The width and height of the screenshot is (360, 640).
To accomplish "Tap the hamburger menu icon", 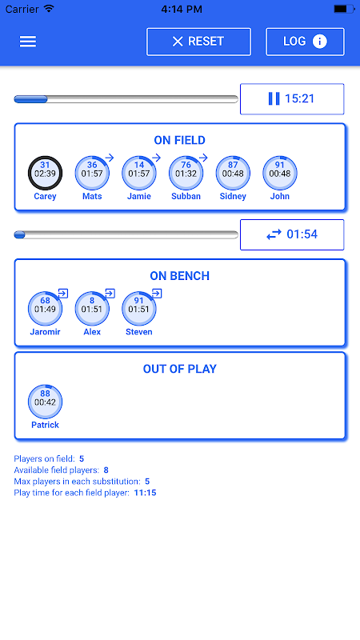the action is [28, 42].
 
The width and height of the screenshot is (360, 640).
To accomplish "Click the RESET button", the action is [198, 42].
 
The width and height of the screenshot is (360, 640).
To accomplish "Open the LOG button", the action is [305, 42].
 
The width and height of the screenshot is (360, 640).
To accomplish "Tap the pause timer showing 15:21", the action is [292, 98].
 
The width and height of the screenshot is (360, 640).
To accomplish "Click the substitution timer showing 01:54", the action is [292, 234].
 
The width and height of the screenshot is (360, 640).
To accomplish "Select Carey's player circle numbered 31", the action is [45, 173].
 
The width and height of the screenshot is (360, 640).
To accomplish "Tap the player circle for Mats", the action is [92, 173].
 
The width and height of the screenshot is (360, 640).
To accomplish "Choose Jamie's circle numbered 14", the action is [139, 173].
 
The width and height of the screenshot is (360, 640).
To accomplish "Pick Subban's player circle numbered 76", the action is [186, 173].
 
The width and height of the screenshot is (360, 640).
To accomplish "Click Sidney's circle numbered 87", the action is [233, 173].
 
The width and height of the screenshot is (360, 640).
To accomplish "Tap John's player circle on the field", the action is [280, 173].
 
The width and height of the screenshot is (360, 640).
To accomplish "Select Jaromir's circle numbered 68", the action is [45, 309].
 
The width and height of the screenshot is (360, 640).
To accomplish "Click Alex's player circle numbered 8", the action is [92, 309].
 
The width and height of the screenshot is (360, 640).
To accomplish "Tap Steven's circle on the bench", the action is [139, 309].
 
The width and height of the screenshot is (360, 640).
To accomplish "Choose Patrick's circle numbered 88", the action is [45, 402].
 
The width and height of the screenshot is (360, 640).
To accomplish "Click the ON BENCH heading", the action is [179, 276].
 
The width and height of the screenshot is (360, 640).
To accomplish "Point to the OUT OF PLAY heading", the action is [179, 369].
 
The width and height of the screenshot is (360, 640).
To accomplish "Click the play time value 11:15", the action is [145, 493].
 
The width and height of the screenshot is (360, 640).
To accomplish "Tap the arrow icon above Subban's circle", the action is [203, 158].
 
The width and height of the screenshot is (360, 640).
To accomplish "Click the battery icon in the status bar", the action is [344, 9].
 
